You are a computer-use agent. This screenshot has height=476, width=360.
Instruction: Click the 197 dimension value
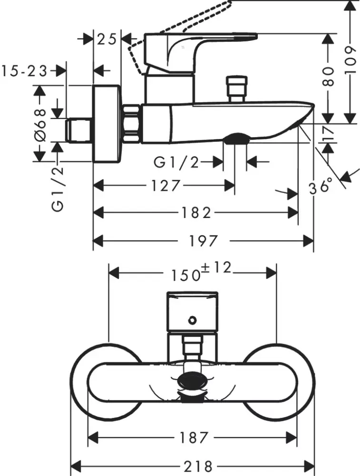click(204, 241)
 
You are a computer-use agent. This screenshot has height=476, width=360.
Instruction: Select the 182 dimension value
click(196, 213)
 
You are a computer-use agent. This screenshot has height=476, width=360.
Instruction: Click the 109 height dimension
click(350, 60)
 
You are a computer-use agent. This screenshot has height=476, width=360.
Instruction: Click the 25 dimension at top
click(107, 39)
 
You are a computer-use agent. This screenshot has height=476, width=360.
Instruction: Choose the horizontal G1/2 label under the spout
click(176, 162)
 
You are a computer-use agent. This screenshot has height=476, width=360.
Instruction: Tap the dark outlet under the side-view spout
click(235, 139)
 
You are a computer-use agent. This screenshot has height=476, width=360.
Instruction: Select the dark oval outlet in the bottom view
click(193, 380)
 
